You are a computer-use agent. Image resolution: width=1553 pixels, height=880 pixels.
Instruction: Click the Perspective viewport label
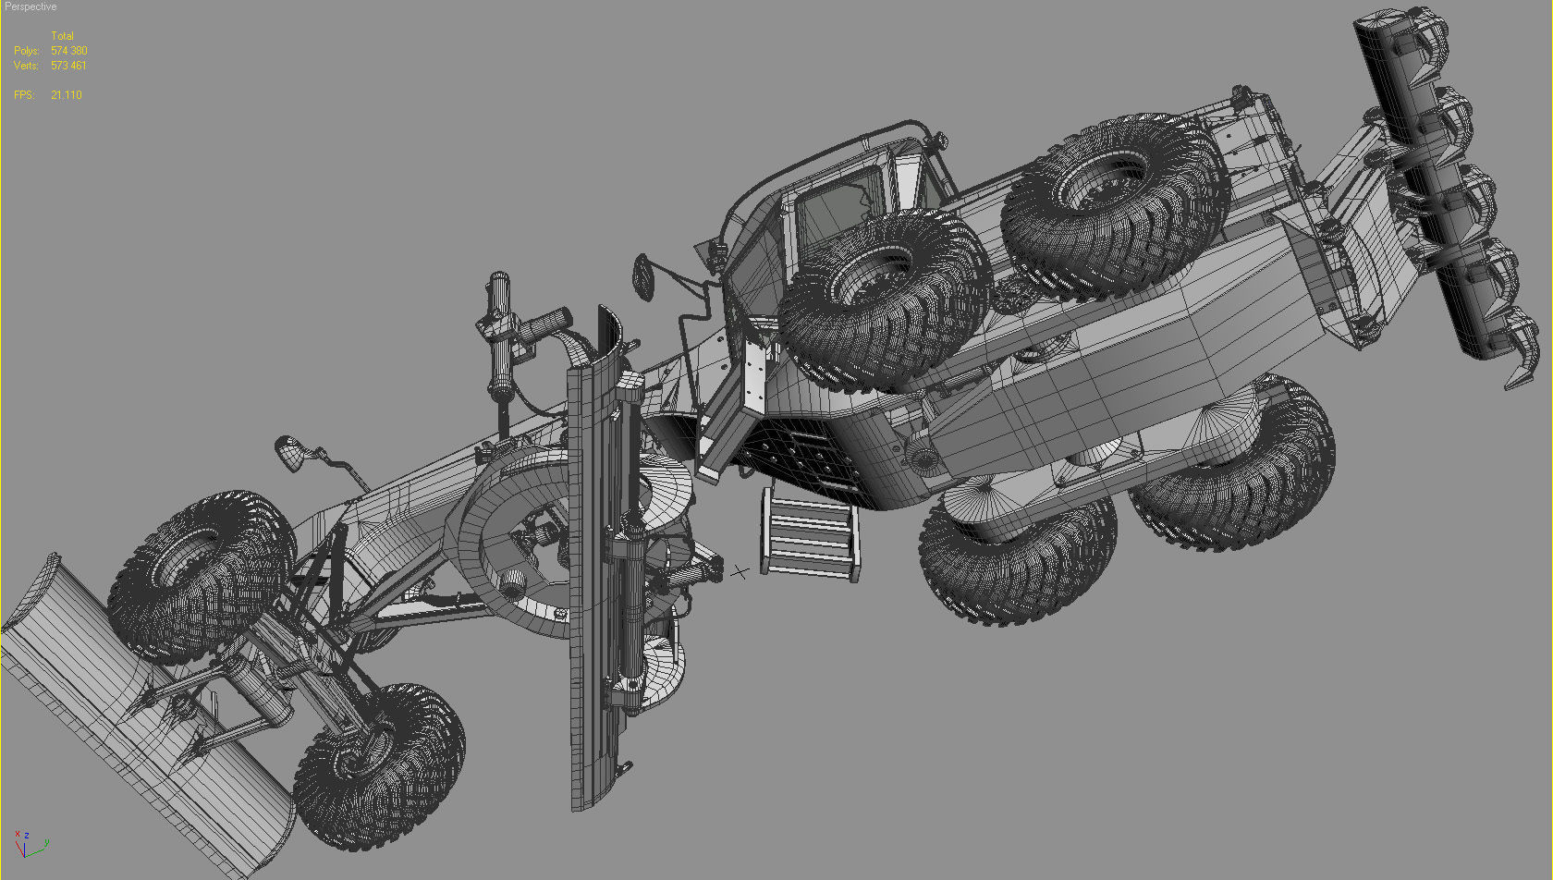coord(31,6)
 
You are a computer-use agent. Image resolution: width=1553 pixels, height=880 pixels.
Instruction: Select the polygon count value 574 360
coord(69,51)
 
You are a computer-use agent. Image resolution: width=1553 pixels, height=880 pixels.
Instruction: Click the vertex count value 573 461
coord(68,66)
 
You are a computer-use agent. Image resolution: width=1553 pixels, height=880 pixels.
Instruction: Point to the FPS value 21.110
coord(67,95)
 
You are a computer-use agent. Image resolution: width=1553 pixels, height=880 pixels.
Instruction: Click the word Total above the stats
coord(62,36)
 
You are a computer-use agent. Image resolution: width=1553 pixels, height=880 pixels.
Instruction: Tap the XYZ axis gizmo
coord(28,842)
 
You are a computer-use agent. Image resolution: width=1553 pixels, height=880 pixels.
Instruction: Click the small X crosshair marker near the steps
coord(740,572)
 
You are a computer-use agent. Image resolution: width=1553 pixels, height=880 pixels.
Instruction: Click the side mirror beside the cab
coord(644,275)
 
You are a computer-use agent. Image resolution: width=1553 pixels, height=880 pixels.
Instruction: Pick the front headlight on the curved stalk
coord(288,452)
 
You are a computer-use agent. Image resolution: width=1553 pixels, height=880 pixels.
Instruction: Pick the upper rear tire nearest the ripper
coord(1114,203)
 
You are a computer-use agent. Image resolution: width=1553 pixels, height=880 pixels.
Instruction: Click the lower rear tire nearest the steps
coord(1017,555)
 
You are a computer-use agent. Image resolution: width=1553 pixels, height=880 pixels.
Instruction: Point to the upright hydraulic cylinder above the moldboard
coord(500,337)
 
